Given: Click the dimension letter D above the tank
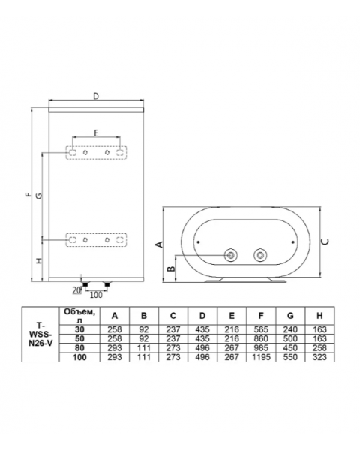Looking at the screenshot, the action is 96,96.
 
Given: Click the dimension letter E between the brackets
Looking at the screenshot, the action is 96,133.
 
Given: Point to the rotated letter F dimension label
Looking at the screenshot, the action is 28,194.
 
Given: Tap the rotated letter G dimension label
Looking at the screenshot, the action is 38,196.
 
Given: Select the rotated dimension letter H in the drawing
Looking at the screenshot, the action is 39,261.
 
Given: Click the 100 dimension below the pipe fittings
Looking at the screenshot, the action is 96,295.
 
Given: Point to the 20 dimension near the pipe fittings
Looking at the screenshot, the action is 76,290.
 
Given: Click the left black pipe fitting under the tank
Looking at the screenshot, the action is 85,284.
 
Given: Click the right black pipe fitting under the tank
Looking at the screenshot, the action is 107,284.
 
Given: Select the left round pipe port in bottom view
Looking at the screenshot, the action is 231,255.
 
